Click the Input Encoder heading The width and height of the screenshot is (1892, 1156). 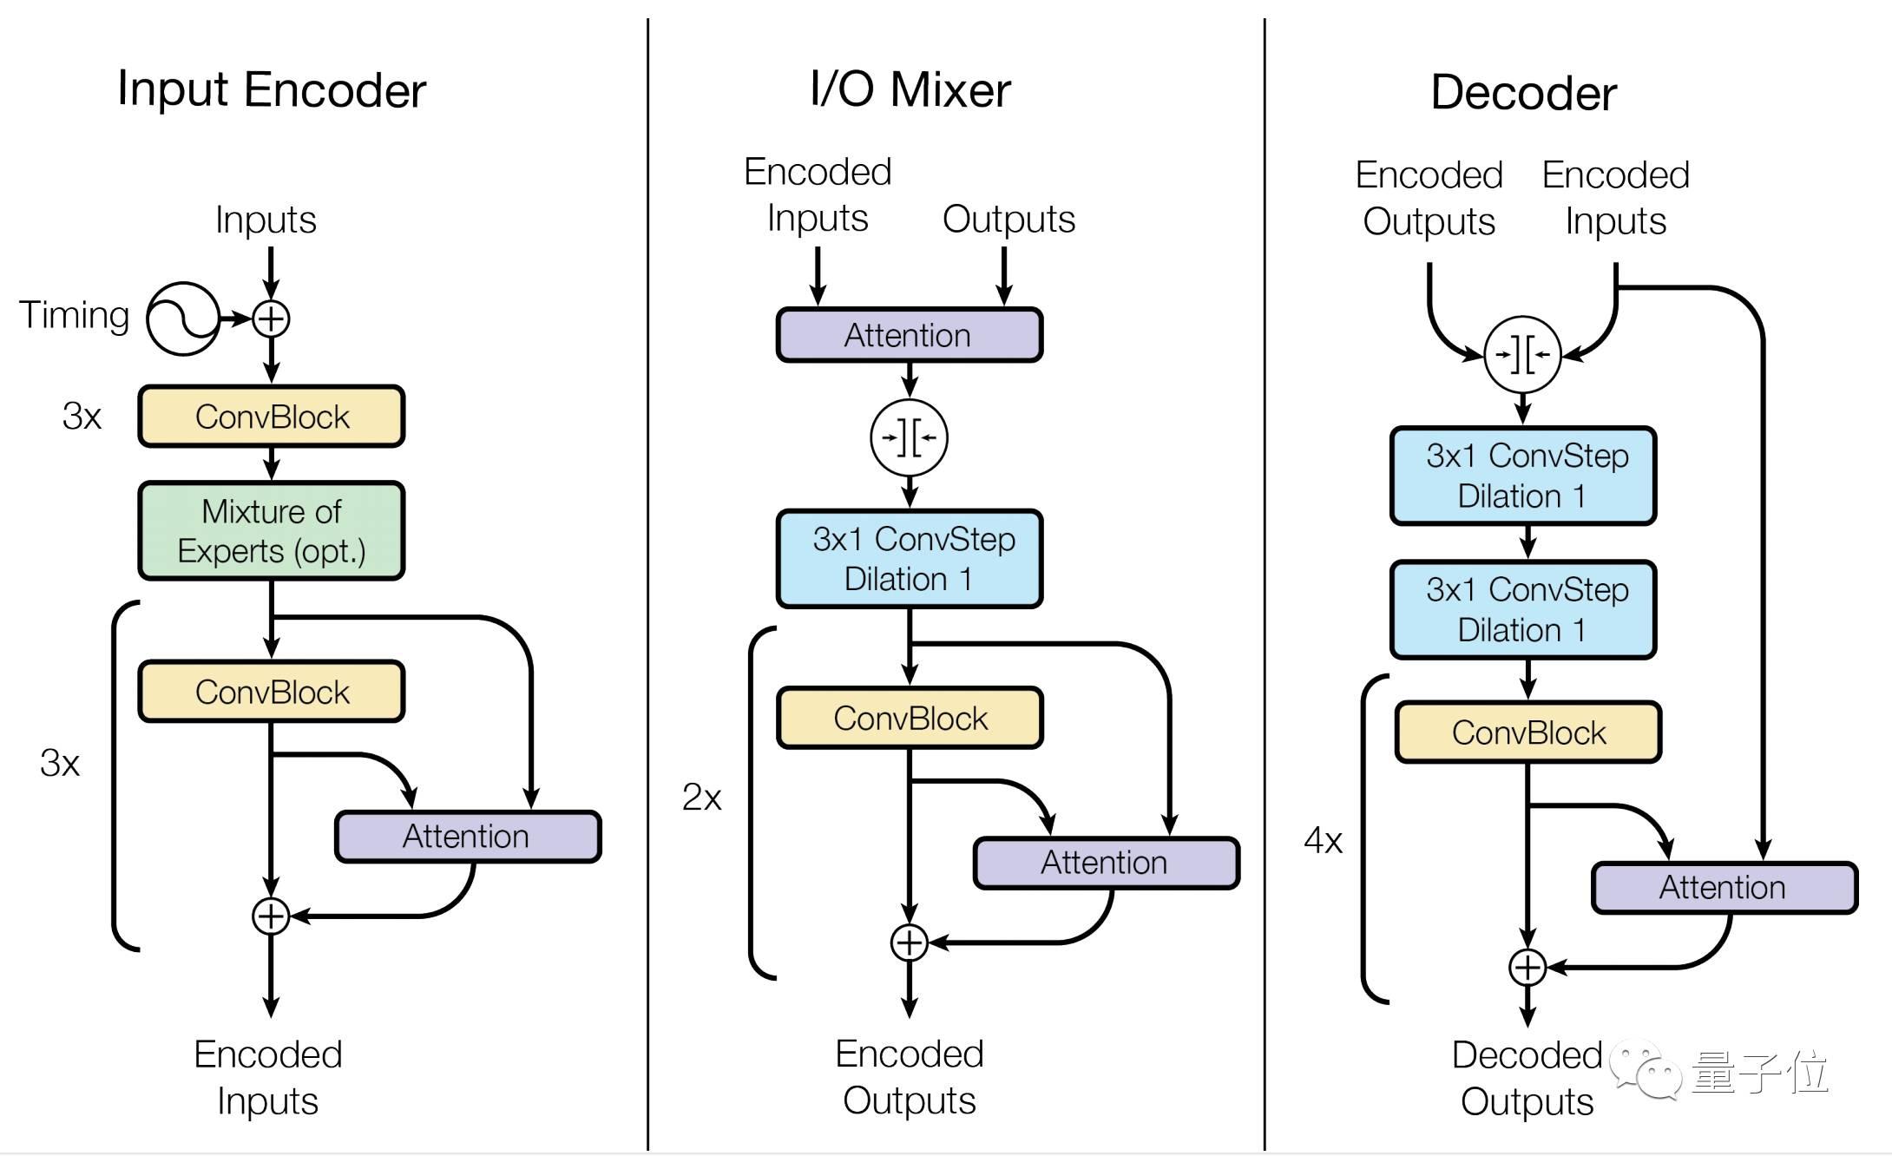coord(272,89)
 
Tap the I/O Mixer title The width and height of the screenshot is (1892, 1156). coord(910,89)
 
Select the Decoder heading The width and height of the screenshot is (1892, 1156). coord(1523,93)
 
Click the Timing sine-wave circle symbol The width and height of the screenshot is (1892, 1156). coord(182,319)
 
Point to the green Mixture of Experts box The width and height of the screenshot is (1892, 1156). coord(272,530)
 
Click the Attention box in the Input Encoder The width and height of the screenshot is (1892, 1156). coord(468,837)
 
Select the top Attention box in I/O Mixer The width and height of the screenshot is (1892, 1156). coord(909,335)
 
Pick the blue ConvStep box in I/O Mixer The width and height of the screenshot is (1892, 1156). coord(910,559)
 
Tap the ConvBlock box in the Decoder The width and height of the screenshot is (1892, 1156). coord(1527,732)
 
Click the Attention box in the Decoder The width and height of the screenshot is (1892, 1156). coord(1724,888)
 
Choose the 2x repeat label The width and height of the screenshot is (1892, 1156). coord(701,797)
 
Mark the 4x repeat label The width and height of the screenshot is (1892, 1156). coord(1323,840)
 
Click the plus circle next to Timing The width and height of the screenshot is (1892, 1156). coord(271,319)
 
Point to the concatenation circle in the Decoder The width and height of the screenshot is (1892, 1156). coord(1522,354)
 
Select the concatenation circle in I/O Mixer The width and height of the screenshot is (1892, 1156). coord(909,437)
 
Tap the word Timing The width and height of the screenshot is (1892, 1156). coord(74,315)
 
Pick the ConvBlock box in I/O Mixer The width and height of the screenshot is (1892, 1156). coord(910,719)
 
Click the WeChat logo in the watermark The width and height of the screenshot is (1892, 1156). coord(1646,1073)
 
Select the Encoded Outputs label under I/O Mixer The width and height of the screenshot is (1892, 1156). coord(909,1077)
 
